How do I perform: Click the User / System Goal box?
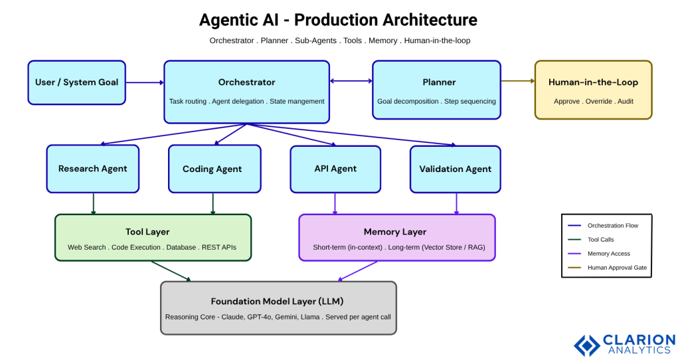tap(76, 82)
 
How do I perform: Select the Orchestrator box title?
tap(246, 82)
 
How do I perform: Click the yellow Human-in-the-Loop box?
tap(593, 90)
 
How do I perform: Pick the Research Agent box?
tap(92, 169)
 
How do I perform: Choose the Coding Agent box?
tap(213, 169)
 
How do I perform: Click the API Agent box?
tap(335, 169)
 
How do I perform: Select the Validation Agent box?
tap(455, 169)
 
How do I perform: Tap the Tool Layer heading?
tap(147, 232)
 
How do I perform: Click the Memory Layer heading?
tap(395, 232)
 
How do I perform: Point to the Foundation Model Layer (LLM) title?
tap(277, 301)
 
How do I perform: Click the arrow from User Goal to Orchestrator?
tap(144, 82)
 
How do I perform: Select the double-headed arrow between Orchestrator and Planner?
tap(351, 81)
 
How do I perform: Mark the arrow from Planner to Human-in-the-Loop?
tap(518, 81)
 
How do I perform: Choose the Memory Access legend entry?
tap(608, 254)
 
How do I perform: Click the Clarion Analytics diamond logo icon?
tap(587, 345)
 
